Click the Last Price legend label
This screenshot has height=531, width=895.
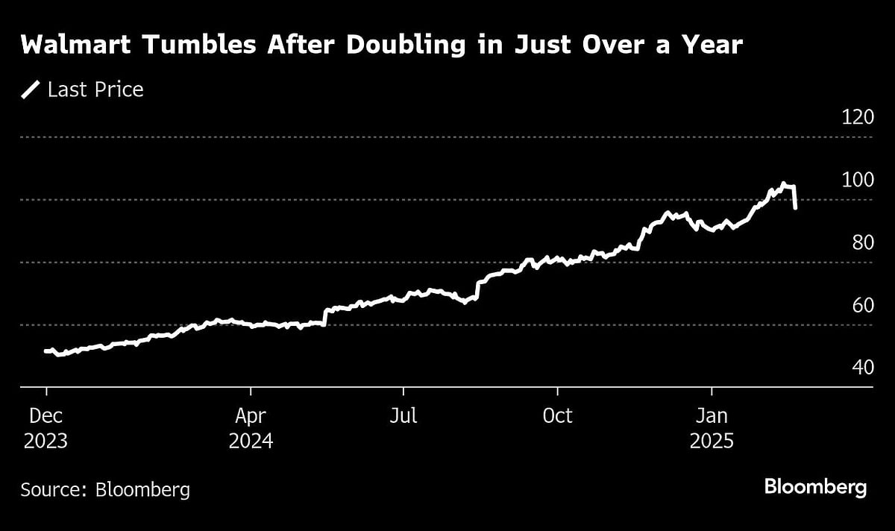95,90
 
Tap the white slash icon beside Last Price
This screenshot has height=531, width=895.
31,90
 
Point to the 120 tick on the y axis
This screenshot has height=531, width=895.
858,117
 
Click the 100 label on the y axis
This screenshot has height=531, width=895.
858,180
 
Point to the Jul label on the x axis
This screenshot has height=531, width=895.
403,415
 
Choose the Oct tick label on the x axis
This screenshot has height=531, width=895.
557,415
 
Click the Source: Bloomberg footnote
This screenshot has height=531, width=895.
105,490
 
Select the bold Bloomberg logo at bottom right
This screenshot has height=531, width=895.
815,488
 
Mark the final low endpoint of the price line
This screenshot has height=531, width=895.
796,208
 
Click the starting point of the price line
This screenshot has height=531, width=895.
46,351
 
